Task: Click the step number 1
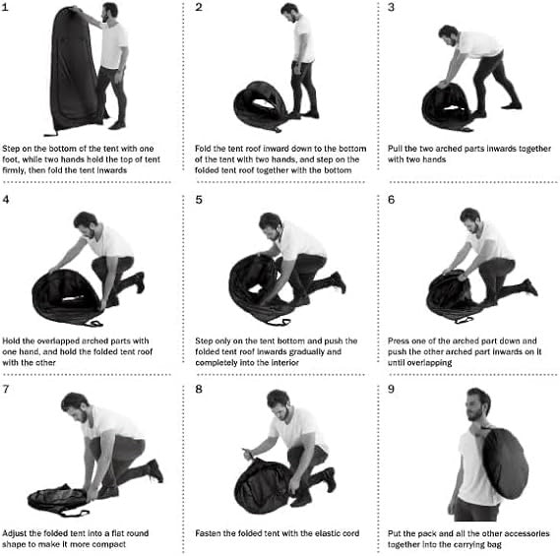5,7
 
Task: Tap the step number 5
199,200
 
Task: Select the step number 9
391,389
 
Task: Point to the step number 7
6,389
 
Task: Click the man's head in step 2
289,12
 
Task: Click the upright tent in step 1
73,72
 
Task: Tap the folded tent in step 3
447,107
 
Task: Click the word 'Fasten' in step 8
208,533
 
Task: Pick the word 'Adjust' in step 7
15,533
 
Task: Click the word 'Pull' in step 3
395,149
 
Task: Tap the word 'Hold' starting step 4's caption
11,340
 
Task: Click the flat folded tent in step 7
57,500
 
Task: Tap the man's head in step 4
86,224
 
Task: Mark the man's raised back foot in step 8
331,478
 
